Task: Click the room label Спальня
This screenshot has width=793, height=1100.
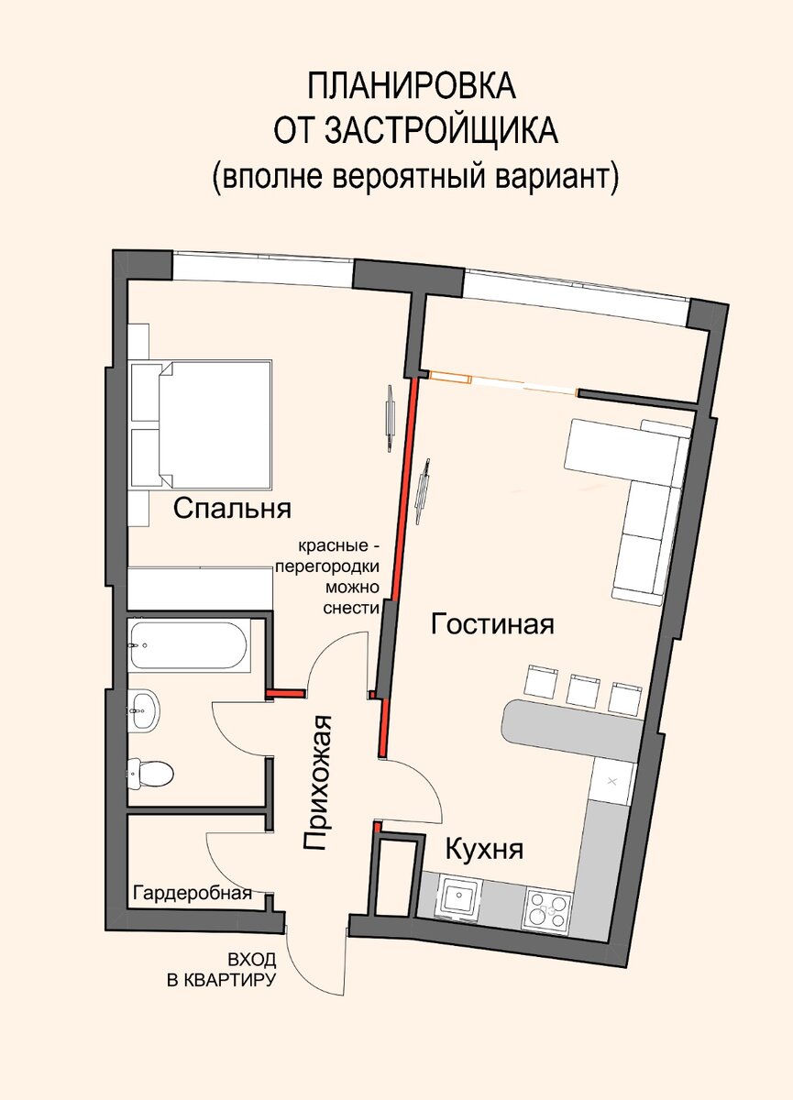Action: tap(232, 510)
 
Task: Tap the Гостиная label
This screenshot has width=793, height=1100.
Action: tap(492, 624)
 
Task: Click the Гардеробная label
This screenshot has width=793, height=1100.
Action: tap(193, 892)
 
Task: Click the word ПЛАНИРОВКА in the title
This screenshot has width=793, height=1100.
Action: tap(412, 85)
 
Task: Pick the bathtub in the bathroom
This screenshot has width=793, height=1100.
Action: tap(189, 646)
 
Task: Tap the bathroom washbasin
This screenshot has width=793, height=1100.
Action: tap(144, 710)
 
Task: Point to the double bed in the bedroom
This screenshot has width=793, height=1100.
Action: tap(215, 424)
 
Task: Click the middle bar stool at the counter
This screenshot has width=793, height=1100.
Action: tap(583, 691)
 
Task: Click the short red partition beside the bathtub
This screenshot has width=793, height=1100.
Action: tap(285, 694)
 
